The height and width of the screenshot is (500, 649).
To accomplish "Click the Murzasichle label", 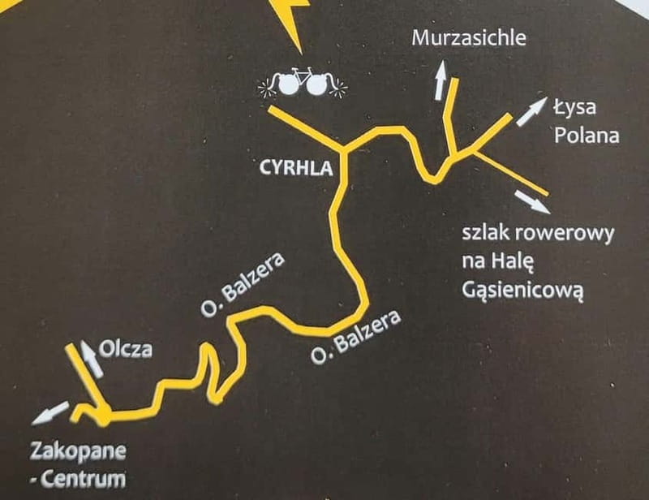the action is (469, 37).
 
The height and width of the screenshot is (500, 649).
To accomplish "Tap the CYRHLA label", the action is (297, 169).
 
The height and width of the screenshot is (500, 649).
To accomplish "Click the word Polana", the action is (587, 135).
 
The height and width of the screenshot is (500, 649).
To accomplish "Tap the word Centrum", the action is (88, 478).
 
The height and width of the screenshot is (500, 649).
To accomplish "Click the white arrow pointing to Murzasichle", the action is (441, 80).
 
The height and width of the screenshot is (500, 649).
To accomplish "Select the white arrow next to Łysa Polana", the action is (531, 111).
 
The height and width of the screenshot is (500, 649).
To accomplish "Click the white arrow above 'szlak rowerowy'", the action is (531, 200).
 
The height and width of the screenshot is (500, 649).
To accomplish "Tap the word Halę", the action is (516, 261).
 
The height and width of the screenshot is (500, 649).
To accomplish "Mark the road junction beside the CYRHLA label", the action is (346, 151).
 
